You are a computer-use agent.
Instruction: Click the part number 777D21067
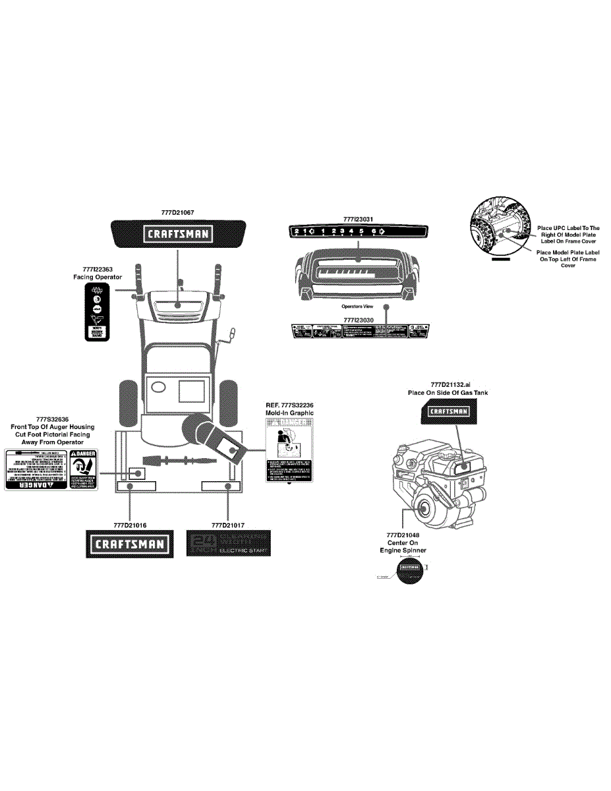[x=177, y=213]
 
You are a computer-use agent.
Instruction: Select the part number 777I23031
[x=359, y=219]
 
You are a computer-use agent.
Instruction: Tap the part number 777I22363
[x=98, y=269]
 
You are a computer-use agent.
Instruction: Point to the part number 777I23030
[x=359, y=319]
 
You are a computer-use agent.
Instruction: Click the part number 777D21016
[x=130, y=525]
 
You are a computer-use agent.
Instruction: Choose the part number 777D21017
[x=228, y=525]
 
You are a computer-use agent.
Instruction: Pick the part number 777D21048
[x=403, y=535]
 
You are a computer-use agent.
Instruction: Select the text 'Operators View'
[x=357, y=307]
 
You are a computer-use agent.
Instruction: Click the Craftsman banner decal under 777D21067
[x=177, y=233]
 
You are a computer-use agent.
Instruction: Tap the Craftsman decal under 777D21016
[x=131, y=544]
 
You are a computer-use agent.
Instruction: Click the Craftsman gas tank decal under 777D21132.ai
[x=449, y=411]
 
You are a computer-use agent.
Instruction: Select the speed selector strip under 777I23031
[x=358, y=231]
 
